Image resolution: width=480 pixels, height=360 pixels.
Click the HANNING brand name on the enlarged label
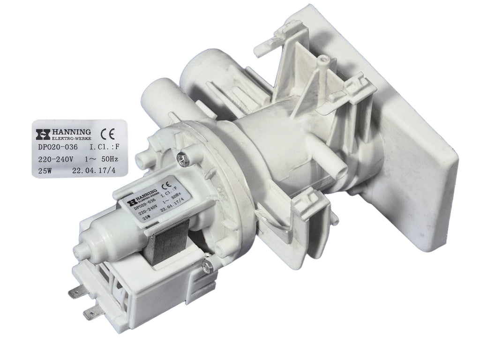point(71,132)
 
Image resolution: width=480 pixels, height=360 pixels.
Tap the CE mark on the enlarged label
point(107,135)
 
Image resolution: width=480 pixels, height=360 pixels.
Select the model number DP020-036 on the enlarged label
point(58,147)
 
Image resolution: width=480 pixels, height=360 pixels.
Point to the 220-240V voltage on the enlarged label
point(55,159)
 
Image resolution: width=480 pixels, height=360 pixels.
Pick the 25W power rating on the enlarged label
point(45,171)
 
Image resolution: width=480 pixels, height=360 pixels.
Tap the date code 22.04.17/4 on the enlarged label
point(94,171)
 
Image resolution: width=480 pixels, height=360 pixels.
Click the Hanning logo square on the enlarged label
point(43,135)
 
